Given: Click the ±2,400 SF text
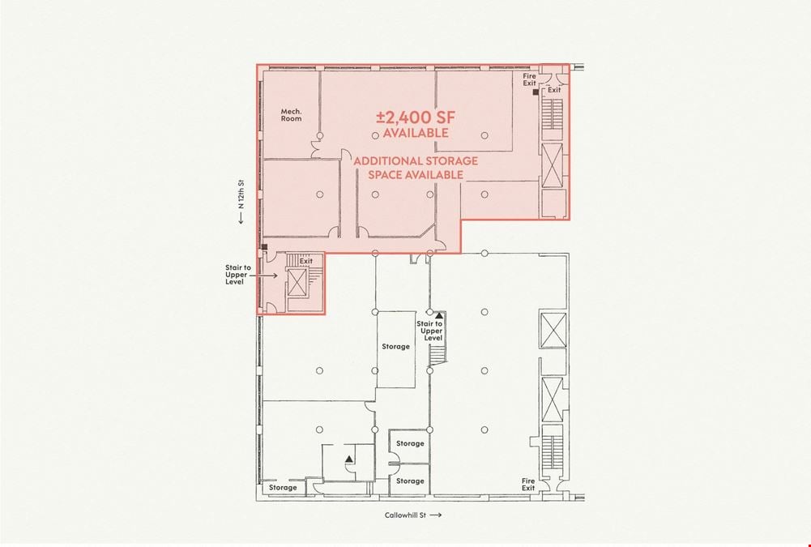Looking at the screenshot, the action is [416, 118].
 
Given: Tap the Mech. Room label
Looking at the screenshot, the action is [291, 115].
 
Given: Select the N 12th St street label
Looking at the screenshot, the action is [241, 194].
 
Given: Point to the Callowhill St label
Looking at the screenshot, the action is [405, 515].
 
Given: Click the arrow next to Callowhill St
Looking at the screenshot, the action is [436, 515].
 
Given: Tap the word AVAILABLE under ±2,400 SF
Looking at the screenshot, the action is [416, 133].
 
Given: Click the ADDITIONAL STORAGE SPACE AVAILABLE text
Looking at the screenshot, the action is [416, 168].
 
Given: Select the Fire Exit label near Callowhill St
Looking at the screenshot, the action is [528, 485].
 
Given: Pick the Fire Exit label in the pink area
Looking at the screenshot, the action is [530, 79].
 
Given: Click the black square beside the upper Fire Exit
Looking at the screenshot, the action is [536, 92].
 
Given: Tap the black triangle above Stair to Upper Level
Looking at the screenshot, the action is [439, 315].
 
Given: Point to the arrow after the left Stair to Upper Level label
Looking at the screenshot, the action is [267, 276].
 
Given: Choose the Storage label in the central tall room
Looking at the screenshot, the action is [395, 347].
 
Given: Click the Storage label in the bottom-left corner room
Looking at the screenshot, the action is [283, 488].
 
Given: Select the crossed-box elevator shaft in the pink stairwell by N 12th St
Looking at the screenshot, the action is [297, 282].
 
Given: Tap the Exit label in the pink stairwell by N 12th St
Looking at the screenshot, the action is [306, 261].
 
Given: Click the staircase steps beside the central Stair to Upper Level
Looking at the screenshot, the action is [438, 356].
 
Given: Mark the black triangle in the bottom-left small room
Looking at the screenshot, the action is [349, 459].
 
